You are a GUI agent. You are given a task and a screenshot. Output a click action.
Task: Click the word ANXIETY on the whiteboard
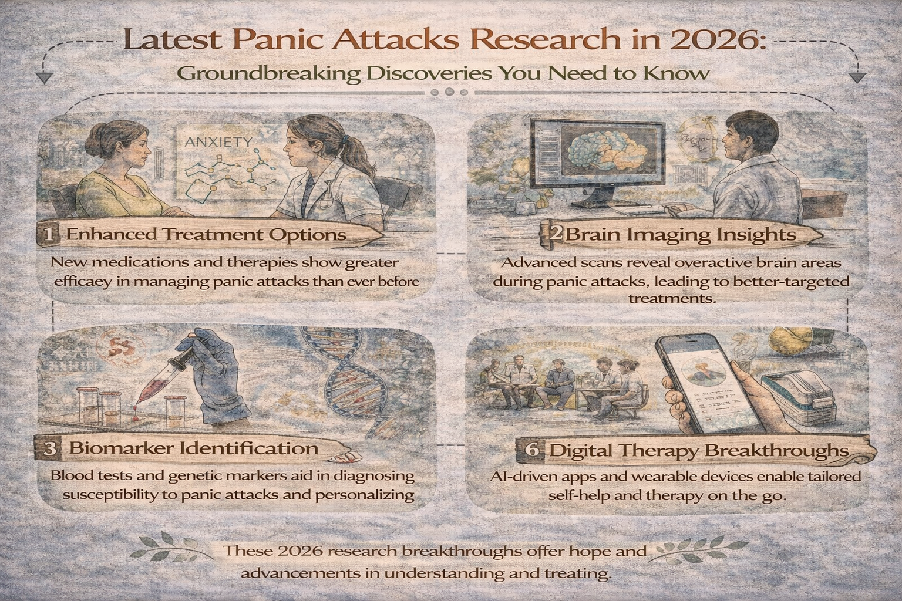click(218, 142)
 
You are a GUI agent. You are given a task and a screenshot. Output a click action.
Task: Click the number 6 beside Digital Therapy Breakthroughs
click(531, 451)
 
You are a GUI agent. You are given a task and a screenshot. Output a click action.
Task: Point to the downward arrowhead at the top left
click(42, 78)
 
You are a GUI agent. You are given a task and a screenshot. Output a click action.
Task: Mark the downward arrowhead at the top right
click(858, 77)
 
